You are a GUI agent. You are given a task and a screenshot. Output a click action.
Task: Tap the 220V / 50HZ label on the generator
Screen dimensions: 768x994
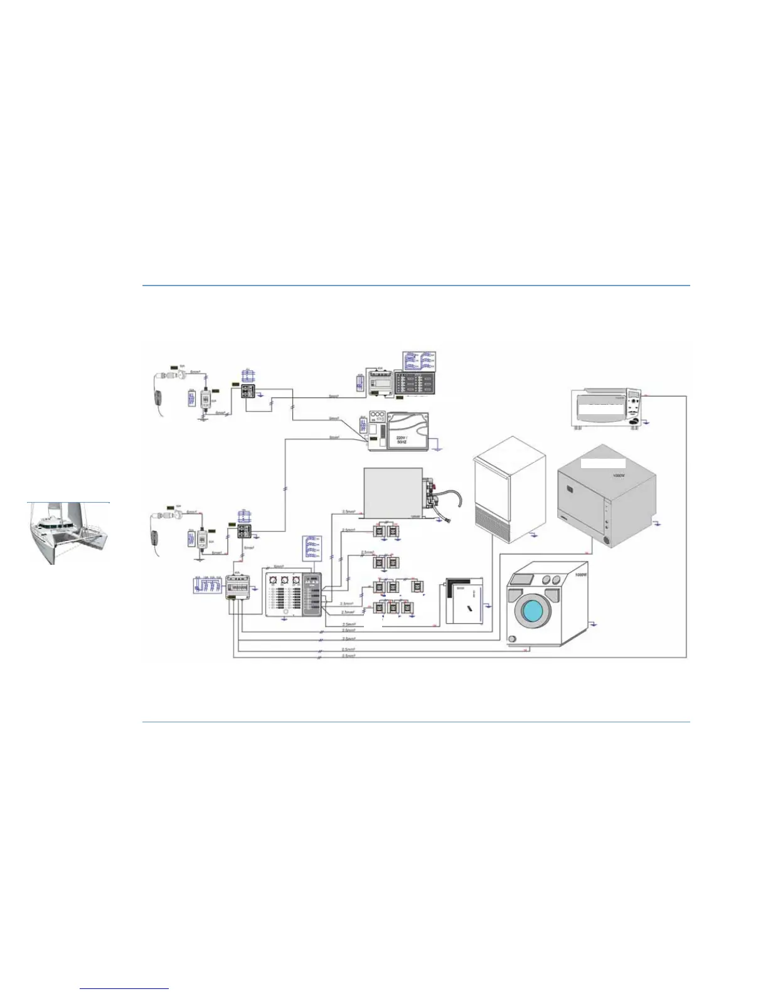[x=402, y=439]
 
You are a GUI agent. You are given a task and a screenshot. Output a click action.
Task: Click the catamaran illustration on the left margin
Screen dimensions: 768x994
[x=68, y=533]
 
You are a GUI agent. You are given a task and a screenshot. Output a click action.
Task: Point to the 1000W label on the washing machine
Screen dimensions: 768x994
[x=580, y=575]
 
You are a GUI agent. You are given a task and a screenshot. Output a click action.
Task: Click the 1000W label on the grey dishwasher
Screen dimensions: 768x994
[x=619, y=476]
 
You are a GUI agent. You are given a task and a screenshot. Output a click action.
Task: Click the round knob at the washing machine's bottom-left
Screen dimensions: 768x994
[x=512, y=639]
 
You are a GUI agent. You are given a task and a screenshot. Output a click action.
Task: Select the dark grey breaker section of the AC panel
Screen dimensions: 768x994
[x=312, y=595]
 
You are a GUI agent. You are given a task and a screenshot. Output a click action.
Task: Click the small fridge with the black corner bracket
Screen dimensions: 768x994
[x=464, y=601]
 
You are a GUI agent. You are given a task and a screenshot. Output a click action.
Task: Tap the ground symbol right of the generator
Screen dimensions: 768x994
[x=440, y=449]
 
